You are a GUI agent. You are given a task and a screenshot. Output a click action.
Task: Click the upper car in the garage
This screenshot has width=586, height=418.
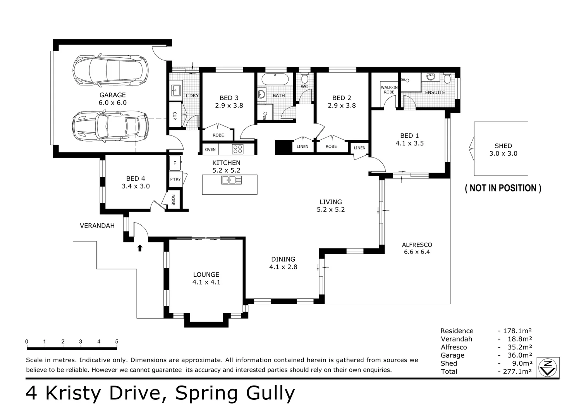pyautogui.click(x=110, y=70)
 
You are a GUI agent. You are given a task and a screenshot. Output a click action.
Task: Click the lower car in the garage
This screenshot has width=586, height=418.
pyautogui.click(x=110, y=126)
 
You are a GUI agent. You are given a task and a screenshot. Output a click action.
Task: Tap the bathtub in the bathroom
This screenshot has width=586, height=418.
pyautogui.click(x=275, y=79)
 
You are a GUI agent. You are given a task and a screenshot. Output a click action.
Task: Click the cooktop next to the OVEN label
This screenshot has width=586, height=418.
pyautogui.click(x=237, y=149)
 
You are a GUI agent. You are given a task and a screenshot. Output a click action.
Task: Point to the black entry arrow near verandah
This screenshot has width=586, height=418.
pyautogui.click(x=140, y=248)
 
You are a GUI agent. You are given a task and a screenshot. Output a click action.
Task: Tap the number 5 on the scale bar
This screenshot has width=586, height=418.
pyautogui.click(x=117, y=342)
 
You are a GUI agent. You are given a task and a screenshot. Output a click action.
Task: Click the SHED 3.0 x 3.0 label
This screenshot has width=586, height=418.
pyautogui.click(x=503, y=150)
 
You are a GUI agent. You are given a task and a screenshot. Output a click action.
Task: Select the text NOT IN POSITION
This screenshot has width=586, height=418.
pyautogui.click(x=503, y=188)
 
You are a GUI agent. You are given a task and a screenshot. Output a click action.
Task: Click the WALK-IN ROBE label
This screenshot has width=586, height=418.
pyautogui.click(x=389, y=90)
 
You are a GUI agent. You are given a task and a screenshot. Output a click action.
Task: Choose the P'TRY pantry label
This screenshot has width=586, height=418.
pyautogui.click(x=175, y=179)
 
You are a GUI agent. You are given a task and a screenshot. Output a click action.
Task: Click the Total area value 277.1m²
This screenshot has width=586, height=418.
pyautogui.click(x=517, y=372)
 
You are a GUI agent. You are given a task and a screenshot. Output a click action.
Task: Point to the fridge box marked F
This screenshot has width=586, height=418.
pyautogui.click(x=175, y=163)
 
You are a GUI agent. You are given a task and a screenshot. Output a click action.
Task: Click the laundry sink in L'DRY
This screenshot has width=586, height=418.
pyautogui.click(x=176, y=90)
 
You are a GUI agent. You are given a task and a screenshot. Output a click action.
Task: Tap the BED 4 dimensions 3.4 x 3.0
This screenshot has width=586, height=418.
pyautogui.click(x=136, y=186)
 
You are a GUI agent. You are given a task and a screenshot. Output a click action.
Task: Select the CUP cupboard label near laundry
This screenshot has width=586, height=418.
pyautogui.click(x=175, y=116)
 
